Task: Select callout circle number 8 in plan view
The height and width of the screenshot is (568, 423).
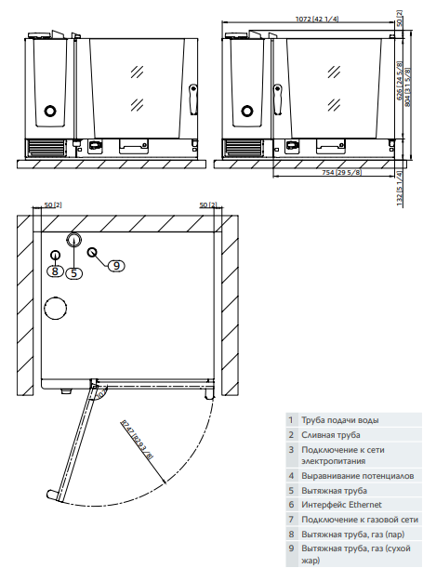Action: (x=56, y=271)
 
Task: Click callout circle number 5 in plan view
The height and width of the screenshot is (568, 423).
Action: (x=74, y=272)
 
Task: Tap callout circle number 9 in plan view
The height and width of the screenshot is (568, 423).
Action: (x=115, y=266)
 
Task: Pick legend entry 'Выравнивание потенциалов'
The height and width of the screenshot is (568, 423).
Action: (x=350, y=476)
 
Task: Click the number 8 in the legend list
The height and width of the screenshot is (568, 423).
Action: (x=290, y=533)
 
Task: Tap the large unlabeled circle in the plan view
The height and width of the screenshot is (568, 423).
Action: (x=57, y=309)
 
